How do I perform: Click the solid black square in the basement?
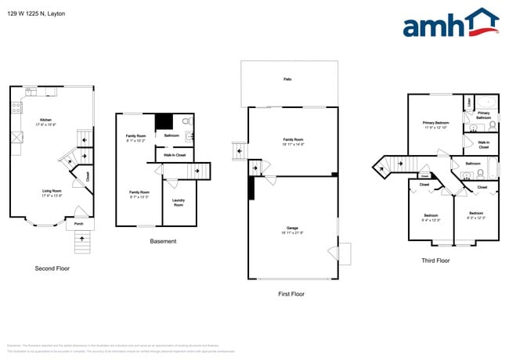pos(164,122)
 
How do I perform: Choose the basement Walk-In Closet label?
pos(174,155)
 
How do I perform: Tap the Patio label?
pos(288,79)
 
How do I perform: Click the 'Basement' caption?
pos(163,241)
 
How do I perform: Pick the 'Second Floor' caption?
pos(52,268)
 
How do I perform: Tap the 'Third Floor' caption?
pos(435,261)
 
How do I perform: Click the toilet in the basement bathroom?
pos(186,122)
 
